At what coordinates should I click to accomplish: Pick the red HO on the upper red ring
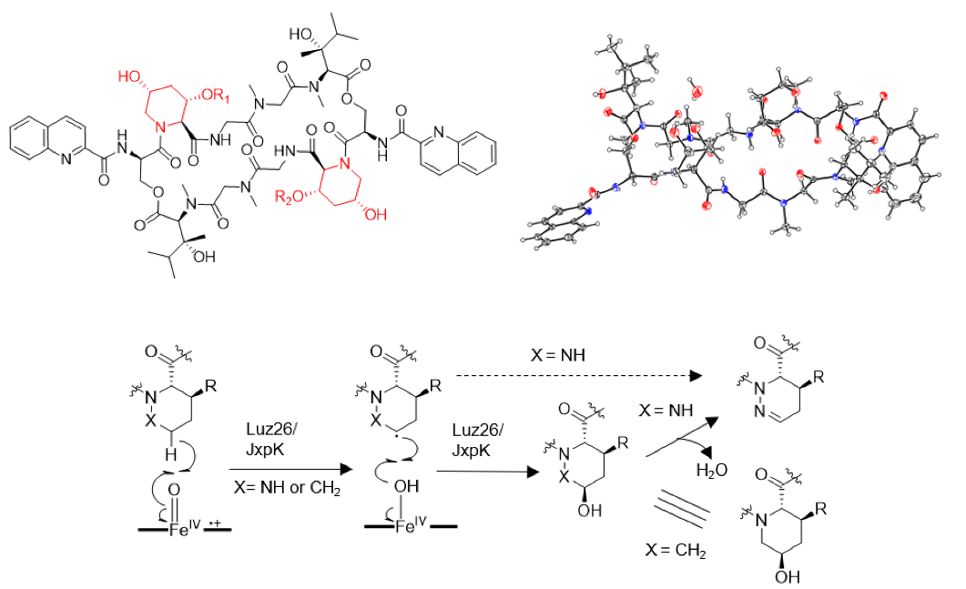coord(128,72)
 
